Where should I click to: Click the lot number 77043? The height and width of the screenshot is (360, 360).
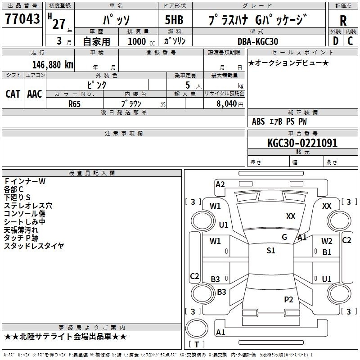22,19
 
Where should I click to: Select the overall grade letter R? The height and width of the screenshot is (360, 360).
343,21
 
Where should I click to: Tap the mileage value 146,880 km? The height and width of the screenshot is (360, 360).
53,65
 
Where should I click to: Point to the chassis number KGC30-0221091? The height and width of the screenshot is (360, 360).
302,143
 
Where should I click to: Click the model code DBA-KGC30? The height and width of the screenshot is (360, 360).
257,41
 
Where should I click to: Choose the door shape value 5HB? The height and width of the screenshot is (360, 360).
174,20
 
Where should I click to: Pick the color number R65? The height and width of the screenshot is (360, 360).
74,104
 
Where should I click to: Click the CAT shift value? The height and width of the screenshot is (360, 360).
13,94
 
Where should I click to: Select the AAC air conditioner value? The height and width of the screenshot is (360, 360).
35,94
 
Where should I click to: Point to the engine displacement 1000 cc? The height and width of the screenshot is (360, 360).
141,42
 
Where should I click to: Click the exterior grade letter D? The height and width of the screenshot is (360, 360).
335,41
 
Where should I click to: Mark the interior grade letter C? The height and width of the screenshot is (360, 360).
350,41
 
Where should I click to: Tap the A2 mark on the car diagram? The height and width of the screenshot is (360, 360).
220,184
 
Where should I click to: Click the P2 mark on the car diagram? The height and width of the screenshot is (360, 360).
288,299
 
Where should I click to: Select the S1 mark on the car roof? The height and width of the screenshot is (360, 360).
271,251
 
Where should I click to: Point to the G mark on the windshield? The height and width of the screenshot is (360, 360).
284,237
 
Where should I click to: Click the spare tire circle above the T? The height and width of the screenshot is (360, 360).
197,328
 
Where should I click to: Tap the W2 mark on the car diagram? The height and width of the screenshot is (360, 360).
327,241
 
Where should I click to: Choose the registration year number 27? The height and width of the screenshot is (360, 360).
59,24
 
